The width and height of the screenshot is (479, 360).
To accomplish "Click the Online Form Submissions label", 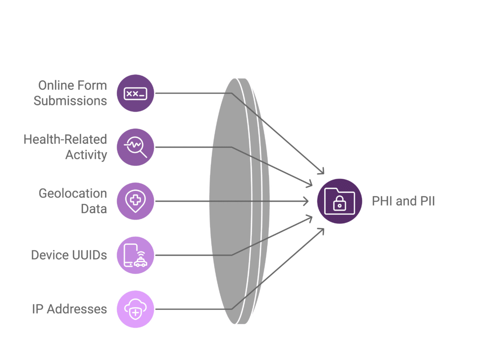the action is click(x=70, y=93).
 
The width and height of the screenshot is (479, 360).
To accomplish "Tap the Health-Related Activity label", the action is click(x=65, y=147).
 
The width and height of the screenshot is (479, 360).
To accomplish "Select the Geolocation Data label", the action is click(x=73, y=201).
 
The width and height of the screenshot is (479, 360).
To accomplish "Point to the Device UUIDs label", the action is click(x=69, y=255).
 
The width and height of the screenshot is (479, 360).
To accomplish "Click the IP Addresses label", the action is click(x=69, y=309).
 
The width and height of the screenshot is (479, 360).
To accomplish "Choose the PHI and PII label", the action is click(x=403, y=201).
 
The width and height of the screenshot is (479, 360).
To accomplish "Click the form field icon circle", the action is click(x=135, y=93).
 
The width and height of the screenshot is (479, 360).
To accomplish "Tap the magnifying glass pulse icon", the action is click(x=135, y=147).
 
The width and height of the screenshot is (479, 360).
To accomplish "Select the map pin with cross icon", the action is click(x=135, y=201).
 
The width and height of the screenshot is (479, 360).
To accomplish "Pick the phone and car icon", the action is click(x=135, y=255).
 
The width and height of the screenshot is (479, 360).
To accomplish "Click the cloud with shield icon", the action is click(x=135, y=309).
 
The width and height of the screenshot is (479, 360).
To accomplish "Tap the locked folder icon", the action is click(x=340, y=201).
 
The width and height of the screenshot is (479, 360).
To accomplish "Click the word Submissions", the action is click(x=70, y=101).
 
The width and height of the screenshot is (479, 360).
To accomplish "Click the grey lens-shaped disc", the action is click(x=239, y=201).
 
